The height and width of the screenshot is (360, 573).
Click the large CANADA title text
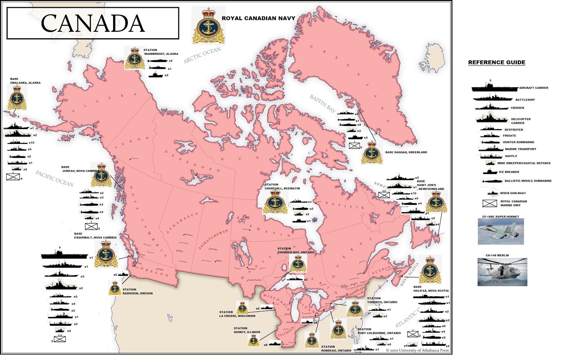93,24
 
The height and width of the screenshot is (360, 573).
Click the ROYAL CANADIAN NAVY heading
258,18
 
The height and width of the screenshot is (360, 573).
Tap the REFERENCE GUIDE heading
496,62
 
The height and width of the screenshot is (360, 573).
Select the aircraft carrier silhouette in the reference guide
494,87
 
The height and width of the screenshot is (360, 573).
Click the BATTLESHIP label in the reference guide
525,100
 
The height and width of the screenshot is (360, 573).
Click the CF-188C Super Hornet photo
501,232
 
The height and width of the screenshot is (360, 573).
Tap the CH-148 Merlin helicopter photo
502,272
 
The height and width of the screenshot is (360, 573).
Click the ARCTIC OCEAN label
202,55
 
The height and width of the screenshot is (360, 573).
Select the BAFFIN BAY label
323,104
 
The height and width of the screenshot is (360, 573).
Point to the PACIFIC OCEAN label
54,179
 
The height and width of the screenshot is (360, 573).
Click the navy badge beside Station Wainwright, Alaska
135,58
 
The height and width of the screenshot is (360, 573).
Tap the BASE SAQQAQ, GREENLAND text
406,152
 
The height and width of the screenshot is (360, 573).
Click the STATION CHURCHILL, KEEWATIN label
282,186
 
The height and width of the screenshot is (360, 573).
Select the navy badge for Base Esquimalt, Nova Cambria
106,254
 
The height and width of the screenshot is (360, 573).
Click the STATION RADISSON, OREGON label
137,292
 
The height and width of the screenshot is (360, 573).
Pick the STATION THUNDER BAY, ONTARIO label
295,250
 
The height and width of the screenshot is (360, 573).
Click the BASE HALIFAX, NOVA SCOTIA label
431,289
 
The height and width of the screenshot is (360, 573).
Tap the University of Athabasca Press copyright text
417,350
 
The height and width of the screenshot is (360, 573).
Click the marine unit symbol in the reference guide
490,204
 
